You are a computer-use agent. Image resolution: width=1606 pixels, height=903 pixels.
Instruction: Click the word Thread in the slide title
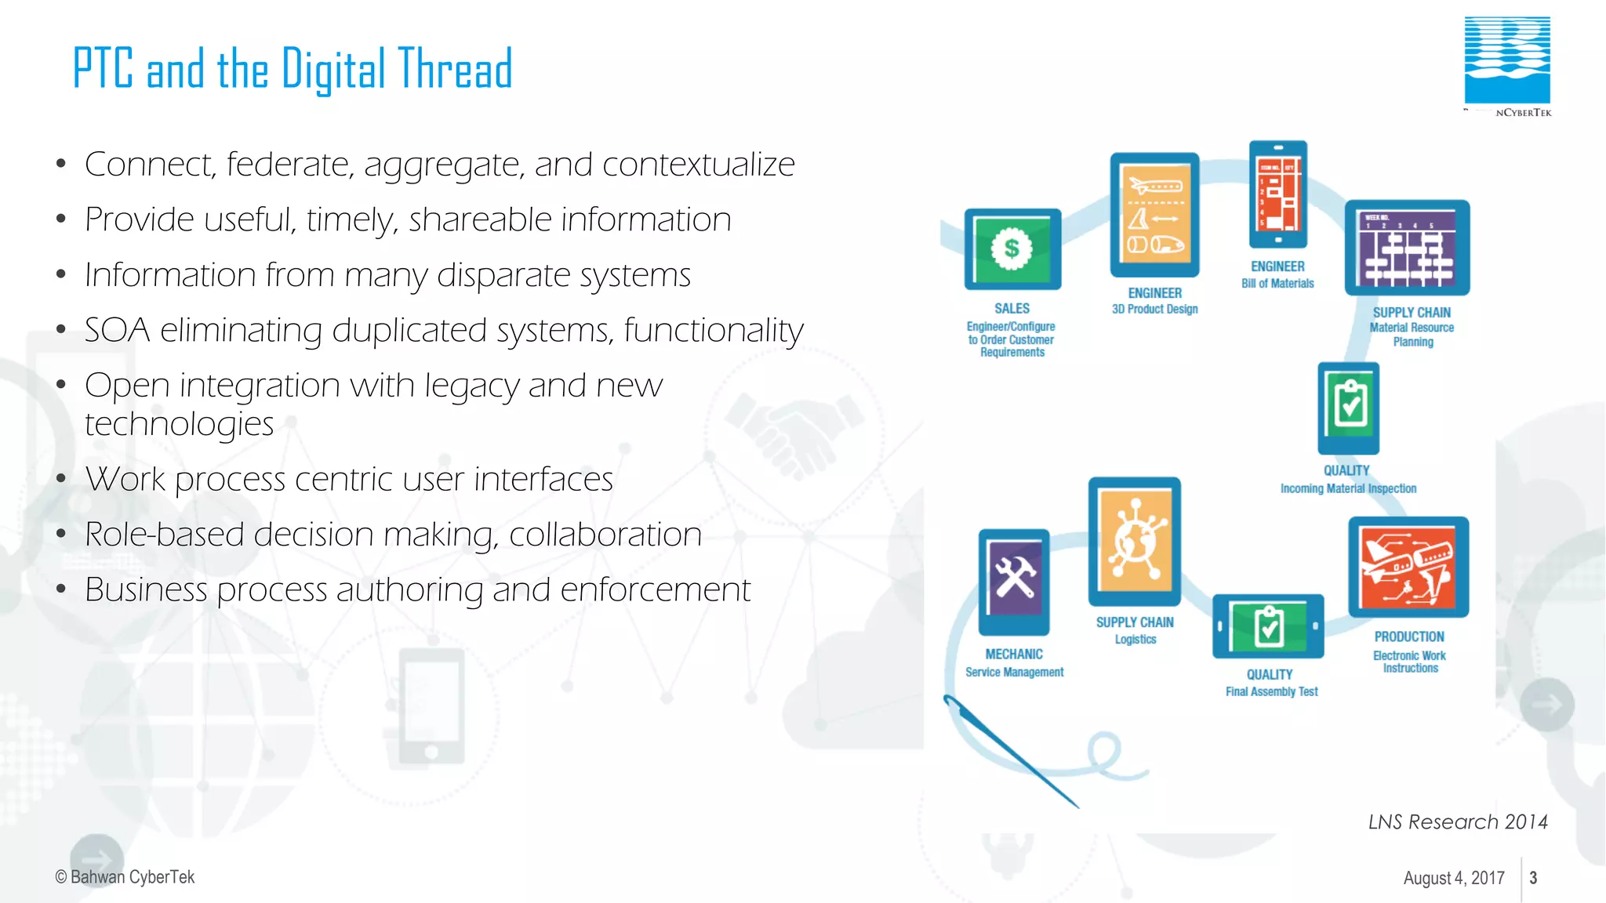click(x=455, y=69)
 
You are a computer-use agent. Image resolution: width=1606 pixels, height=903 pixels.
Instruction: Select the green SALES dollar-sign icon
click(x=1012, y=249)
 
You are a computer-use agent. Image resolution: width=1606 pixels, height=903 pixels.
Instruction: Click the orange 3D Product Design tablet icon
click(x=1154, y=215)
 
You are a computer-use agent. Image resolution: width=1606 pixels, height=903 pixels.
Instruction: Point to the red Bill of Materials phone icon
click(x=1278, y=194)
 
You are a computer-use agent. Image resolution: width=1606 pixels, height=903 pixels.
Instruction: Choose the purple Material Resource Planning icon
click(x=1407, y=248)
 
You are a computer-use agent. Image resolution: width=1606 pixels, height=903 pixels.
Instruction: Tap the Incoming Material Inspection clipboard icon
click(x=1349, y=408)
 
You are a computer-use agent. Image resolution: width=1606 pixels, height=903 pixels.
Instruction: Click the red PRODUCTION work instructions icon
click(x=1408, y=567)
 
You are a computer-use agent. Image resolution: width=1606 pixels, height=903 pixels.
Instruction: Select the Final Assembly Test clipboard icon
click(x=1268, y=626)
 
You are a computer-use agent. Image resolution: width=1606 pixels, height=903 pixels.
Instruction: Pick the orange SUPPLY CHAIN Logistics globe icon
click(x=1135, y=541)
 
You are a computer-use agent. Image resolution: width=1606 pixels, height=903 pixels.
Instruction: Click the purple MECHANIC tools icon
click(x=1014, y=582)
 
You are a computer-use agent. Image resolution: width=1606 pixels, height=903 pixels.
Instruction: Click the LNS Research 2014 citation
click(x=1458, y=821)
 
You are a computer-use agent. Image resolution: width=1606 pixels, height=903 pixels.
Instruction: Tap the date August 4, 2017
click(x=1454, y=878)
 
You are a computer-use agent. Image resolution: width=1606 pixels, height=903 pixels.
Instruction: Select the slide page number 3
click(x=1533, y=878)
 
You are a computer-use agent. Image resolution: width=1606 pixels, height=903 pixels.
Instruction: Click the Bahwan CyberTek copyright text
click(x=125, y=877)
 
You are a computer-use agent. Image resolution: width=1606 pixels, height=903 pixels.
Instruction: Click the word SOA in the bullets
click(x=117, y=331)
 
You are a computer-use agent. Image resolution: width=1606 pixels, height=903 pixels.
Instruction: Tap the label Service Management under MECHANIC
click(x=1014, y=672)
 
